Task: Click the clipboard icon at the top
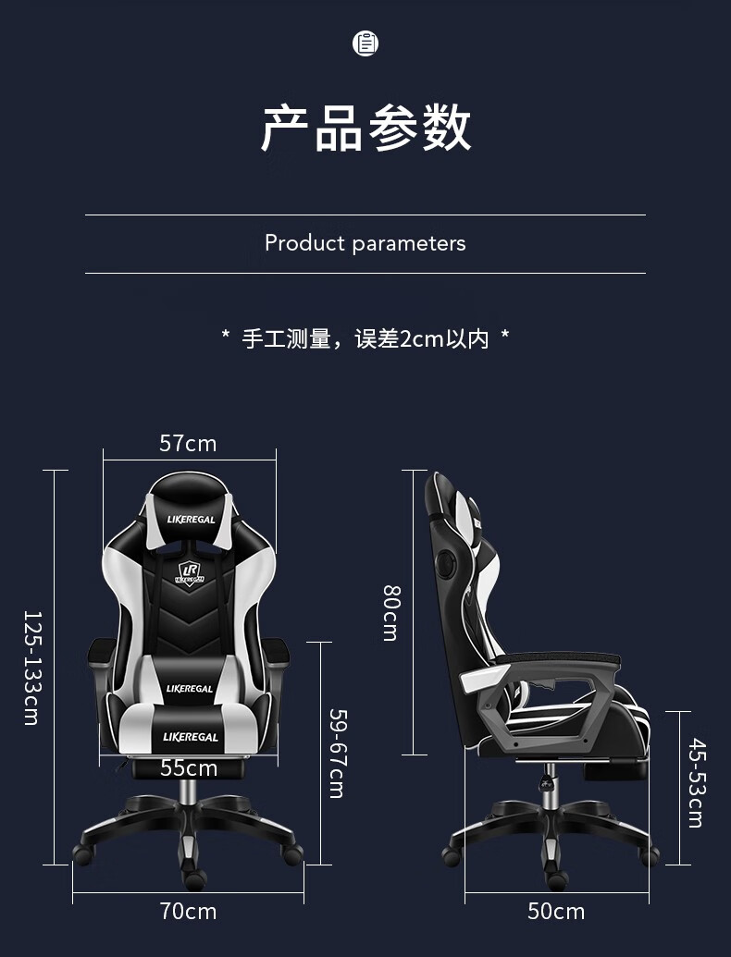coord(365,43)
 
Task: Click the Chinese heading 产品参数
coord(365,128)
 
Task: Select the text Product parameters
coord(365,243)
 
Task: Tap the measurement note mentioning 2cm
coord(365,338)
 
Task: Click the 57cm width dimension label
coord(188,444)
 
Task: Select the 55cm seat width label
coord(189,767)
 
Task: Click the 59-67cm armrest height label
coord(337,753)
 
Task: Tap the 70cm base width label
coord(188,912)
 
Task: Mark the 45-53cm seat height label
coord(696,782)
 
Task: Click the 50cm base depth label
coord(556,912)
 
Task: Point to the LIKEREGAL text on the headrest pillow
coord(191,520)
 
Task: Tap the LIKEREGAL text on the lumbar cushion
coord(190,689)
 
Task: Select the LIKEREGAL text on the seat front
coord(191,737)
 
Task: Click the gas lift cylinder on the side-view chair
coord(550,786)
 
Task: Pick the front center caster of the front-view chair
coord(194,878)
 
